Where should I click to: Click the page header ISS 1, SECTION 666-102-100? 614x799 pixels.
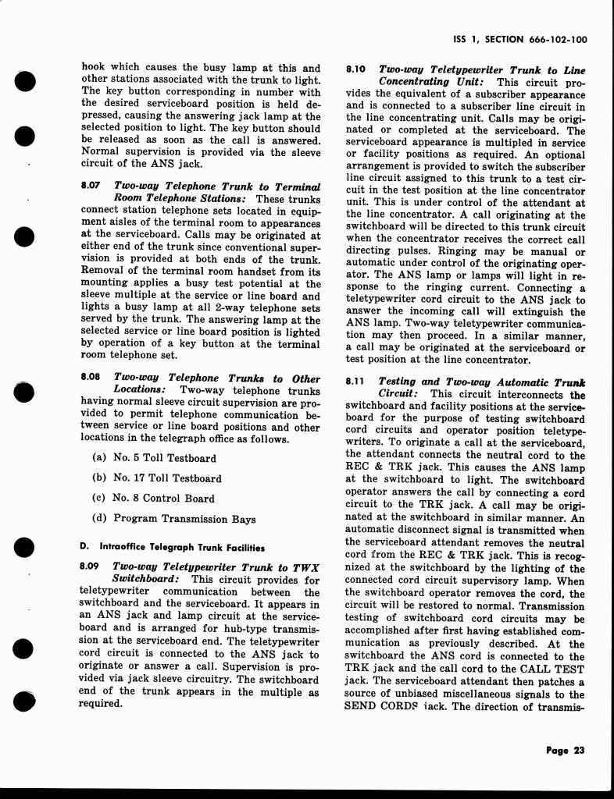coord(520,38)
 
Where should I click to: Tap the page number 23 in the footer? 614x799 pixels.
coord(566,751)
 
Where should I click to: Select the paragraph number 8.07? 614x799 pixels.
coord(89,186)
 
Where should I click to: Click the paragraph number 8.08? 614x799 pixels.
coord(89,376)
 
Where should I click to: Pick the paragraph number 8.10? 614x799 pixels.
coord(355,69)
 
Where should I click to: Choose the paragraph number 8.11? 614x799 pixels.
coord(355,382)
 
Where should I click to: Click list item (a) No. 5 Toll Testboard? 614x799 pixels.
coord(154,458)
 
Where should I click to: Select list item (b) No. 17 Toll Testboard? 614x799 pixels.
coord(156,478)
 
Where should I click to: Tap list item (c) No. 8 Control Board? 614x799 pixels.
coord(153,498)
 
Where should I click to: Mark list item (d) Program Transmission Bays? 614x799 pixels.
coord(173,518)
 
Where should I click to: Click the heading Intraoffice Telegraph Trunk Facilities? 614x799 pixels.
coord(181,547)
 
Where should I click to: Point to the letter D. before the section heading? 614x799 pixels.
coord(84,547)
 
